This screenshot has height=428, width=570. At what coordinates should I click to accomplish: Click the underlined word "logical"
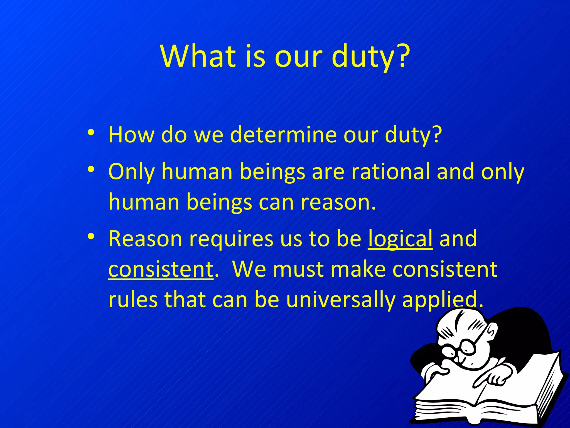click(400, 239)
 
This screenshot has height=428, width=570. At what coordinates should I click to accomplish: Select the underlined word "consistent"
click(161, 269)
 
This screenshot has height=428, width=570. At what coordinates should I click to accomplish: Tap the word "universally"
click(340, 300)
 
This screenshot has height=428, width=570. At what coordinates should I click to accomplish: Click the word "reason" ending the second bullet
click(335, 202)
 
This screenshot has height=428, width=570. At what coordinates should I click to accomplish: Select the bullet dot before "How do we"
click(91, 132)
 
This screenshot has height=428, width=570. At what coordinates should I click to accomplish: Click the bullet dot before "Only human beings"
click(91, 169)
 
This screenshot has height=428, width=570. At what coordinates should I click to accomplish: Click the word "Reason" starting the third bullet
click(145, 239)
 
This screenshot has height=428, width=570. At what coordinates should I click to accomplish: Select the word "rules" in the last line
click(132, 300)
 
